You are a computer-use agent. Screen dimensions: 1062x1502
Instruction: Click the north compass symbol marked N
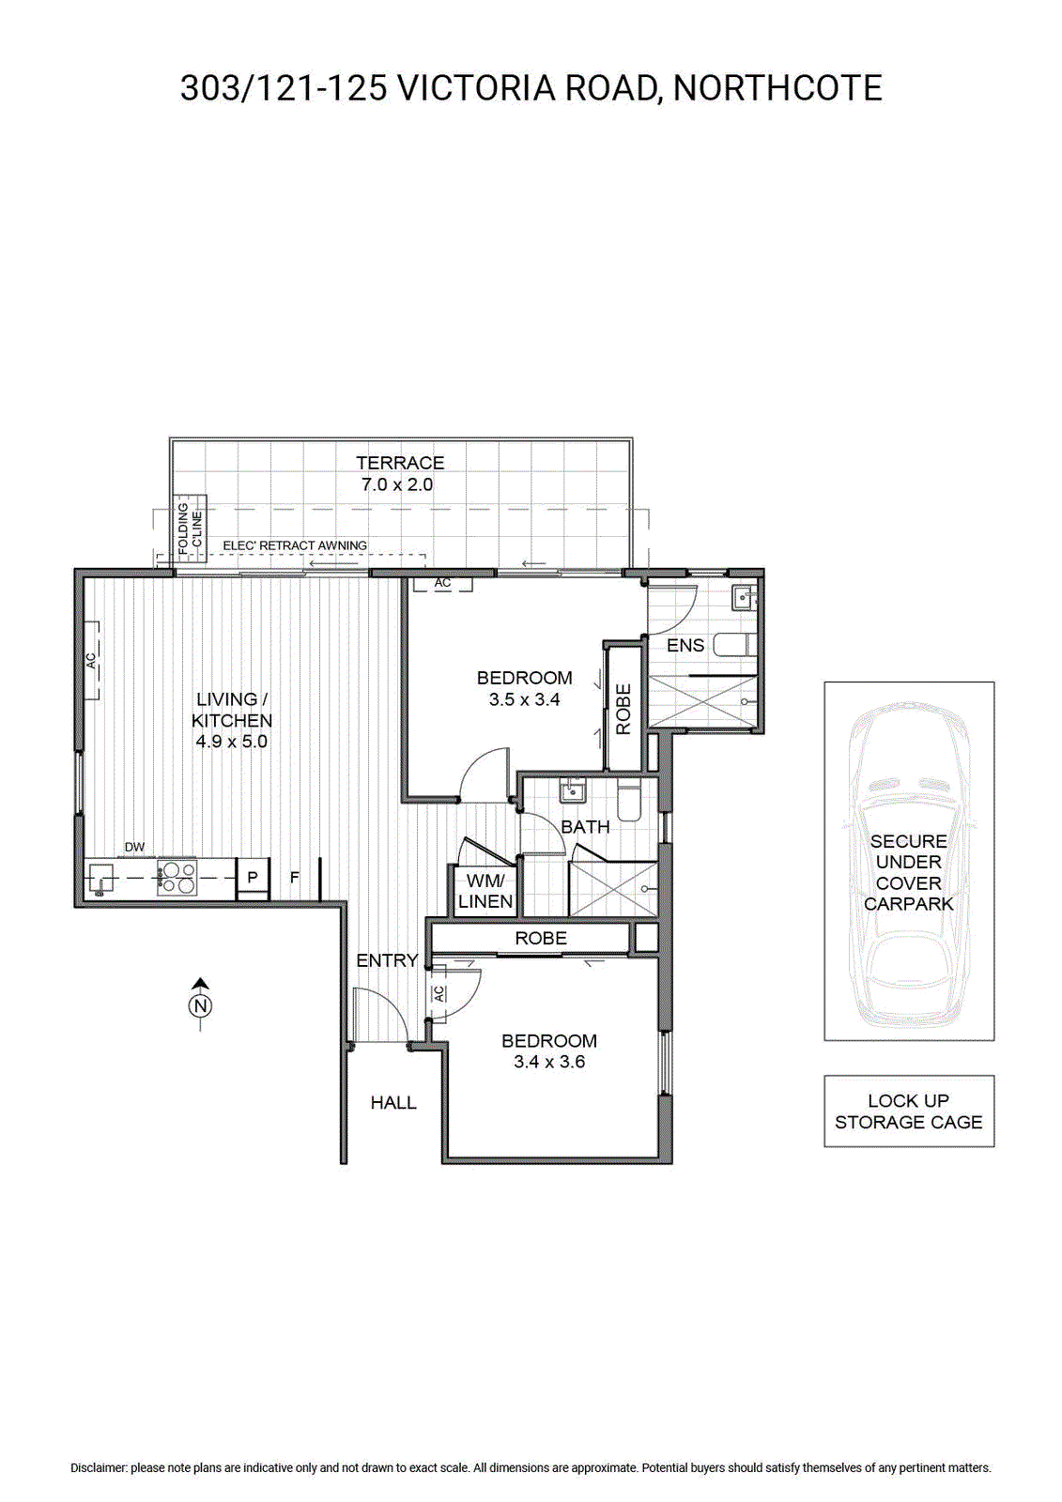(x=200, y=1005)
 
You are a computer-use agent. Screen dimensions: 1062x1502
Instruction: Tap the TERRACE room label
(x=400, y=463)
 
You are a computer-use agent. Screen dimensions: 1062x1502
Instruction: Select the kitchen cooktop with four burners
(x=177, y=877)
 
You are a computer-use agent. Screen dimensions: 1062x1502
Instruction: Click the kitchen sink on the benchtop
(x=100, y=879)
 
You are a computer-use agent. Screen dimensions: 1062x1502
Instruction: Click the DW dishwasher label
(x=134, y=848)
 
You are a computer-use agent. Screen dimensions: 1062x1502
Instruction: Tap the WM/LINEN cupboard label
(x=485, y=891)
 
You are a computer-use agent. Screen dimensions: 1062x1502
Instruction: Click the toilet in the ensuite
(x=734, y=645)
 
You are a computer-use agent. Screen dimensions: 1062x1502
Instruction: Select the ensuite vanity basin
(x=744, y=595)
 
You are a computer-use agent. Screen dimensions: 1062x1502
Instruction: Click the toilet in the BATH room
(x=629, y=800)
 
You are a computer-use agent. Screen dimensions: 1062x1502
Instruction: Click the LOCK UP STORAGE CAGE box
(x=908, y=1111)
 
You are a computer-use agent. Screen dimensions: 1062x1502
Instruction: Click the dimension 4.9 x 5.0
(x=231, y=741)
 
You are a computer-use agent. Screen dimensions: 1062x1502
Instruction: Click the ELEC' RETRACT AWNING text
(x=295, y=545)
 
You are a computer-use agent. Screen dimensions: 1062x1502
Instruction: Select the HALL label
(x=393, y=1102)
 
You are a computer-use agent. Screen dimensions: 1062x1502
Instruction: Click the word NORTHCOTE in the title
(x=777, y=88)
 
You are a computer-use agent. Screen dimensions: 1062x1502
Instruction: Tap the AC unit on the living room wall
(x=93, y=661)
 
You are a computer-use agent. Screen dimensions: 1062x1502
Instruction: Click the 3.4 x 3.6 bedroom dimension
(x=549, y=1062)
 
